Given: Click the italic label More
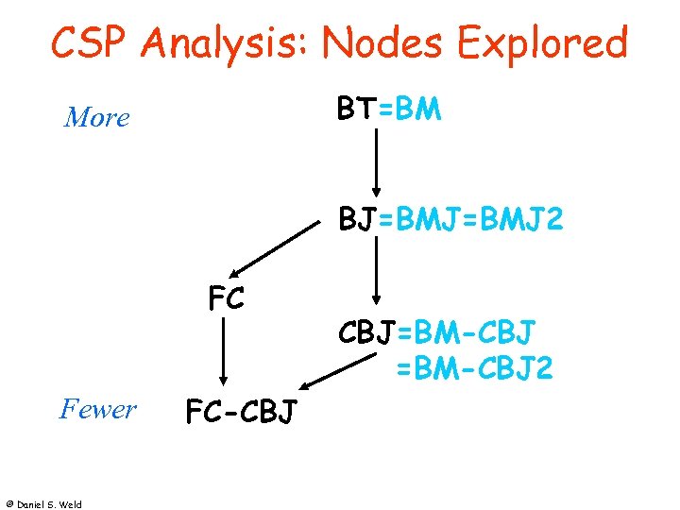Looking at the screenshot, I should click(x=96, y=118).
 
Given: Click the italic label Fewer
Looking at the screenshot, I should click(x=97, y=409).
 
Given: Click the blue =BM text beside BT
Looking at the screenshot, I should click(x=409, y=110).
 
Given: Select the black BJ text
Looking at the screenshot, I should click(x=358, y=221).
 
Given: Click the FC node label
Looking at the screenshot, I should click(x=226, y=298).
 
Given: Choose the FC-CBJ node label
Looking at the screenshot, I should click(x=241, y=412).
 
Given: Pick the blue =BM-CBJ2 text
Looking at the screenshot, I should click(x=473, y=367).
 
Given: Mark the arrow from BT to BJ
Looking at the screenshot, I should click(x=377, y=161).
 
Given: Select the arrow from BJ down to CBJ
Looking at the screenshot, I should click(x=377, y=271).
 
